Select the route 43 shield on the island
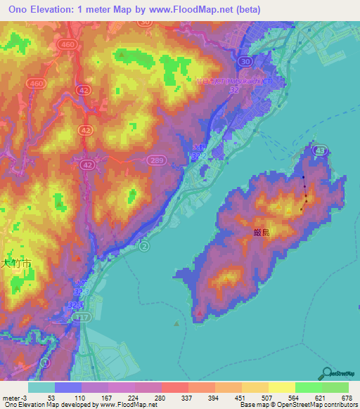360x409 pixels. coord(321,150)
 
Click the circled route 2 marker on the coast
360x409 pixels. coord(144,247)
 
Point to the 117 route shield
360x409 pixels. coord(83,318)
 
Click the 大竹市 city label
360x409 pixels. coord(15,264)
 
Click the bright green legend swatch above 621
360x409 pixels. coord(308,387)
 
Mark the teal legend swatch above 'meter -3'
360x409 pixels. coord(41,387)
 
